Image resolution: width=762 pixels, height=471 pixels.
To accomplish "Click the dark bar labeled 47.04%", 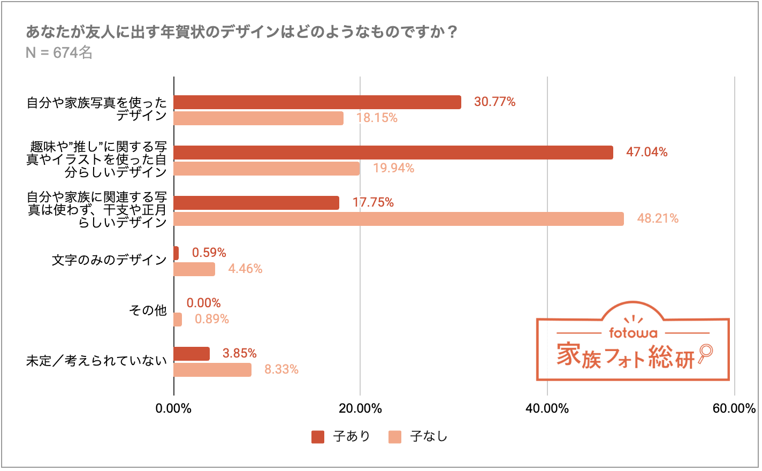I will [393, 153].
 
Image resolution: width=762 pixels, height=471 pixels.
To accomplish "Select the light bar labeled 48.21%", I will [399, 219].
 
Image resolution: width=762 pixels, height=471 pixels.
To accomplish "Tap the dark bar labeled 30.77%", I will [317, 102].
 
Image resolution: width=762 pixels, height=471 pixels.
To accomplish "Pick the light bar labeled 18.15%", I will [258, 118].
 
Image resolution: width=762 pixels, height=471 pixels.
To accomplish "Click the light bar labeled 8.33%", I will [212, 370].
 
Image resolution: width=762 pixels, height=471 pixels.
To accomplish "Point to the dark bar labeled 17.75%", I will [256, 203].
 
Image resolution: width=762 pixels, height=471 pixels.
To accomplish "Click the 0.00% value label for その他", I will [203, 303].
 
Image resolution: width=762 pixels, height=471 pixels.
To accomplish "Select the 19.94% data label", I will [393, 169].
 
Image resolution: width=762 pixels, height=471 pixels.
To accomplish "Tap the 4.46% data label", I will [245, 269].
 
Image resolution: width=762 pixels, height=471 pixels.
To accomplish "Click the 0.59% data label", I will [209, 253].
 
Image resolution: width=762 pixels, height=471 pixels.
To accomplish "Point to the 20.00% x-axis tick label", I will [360, 409].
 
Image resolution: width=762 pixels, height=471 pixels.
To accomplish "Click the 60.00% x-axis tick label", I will [734, 409].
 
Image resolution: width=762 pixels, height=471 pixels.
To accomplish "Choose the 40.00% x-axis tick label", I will [547, 409].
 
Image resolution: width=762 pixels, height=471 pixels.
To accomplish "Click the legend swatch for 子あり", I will [318, 437].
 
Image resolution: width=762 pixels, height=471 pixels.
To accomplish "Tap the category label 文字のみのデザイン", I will [109, 261].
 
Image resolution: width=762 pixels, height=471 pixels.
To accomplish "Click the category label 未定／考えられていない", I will [96, 361].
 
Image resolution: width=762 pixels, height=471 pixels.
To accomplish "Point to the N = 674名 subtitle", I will [59, 53].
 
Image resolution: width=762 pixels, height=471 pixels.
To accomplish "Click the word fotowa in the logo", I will [633, 333].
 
